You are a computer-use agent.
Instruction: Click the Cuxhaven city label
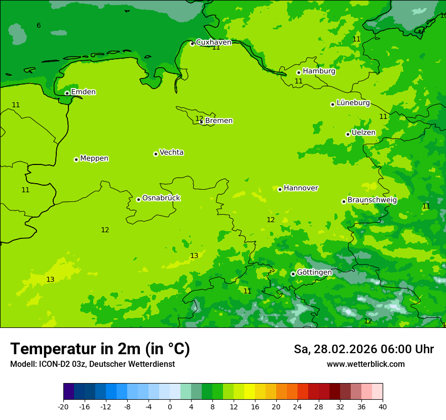pyautogui.click(x=213, y=43)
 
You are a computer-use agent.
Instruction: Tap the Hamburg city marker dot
pyautogui.click(x=299, y=72)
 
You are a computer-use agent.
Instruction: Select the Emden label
pyautogui.click(x=83, y=92)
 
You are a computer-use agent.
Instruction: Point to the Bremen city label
pyautogui.click(x=219, y=121)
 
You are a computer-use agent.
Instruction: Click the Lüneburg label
pyautogui.click(x=353, y=103)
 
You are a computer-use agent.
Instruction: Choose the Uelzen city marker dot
pyautogui.click(x=348, y=134)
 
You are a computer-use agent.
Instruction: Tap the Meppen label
pyautogui.click(x=94, y=158)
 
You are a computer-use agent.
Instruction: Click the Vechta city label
pyautogui.click(x=171, y=152)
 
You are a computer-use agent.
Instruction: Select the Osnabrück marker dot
pyautogui.click(x=138, y=199)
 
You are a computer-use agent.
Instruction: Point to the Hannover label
pyautogui.click(x=301, y=188)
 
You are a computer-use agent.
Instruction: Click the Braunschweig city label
pyautogui.click(x=372, y=200)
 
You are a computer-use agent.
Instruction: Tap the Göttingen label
pyautogui.click(x=314, y=272)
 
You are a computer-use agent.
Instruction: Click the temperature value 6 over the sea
pyautogui.click(x=39, y=26)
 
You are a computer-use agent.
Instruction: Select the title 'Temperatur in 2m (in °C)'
pyautogui.click(x=100, y=349)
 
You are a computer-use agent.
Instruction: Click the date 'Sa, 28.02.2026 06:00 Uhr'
pyautogui.click(x=363, y=350)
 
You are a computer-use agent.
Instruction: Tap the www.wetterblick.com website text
pyautogui.click(x=365, y=364)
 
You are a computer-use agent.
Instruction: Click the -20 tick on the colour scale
pyautogui.click(x=63, y=406)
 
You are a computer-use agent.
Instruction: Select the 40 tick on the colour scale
pyautogui.click(x=382, y=406)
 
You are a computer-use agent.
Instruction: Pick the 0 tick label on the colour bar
pyautogui.click(x=170, y=406)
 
